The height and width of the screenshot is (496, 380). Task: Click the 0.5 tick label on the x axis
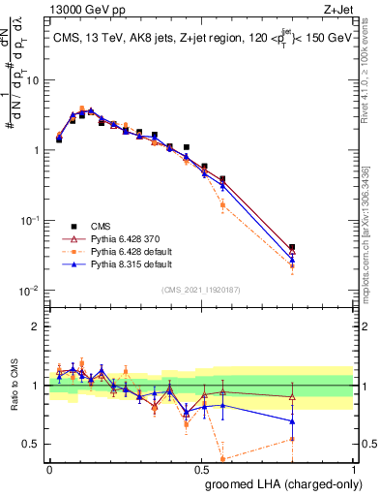201,468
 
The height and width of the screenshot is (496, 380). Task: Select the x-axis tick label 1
355,468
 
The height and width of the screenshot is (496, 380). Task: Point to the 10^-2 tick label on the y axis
29,291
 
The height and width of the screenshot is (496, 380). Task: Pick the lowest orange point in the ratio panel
223,459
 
